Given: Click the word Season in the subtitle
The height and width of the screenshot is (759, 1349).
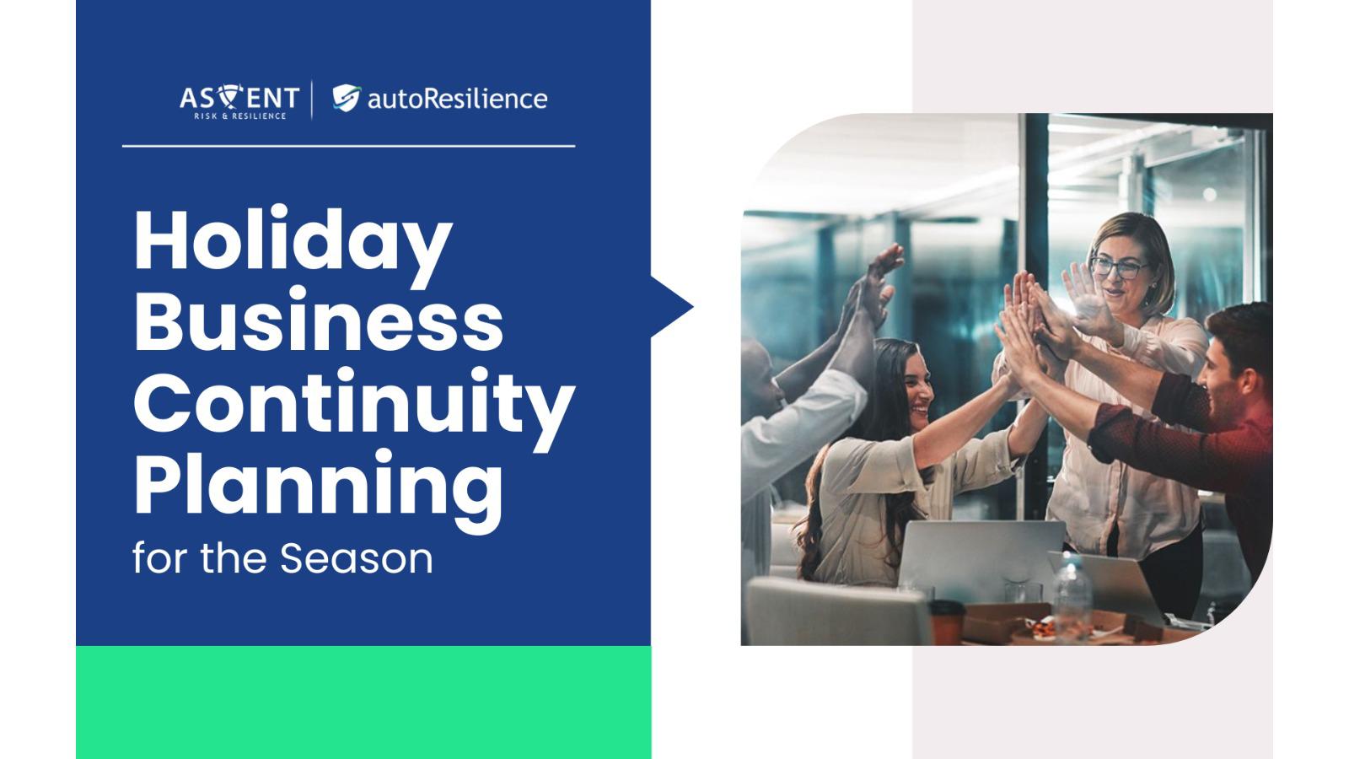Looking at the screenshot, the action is coord(357,558).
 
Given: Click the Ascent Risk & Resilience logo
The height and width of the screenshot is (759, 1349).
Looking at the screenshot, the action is coord(239,101).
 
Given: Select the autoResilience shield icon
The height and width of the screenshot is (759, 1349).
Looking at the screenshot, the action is coord(347,98).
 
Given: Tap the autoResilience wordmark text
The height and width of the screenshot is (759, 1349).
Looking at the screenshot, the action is coord(457,99).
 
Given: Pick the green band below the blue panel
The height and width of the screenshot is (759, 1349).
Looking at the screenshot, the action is coord(363,702).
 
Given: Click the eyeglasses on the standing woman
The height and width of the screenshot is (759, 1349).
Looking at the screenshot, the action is coord(1118,267).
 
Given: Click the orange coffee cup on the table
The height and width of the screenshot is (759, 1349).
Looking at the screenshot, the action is coord(947,623).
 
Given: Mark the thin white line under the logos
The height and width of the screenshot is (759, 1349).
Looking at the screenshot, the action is coord(349,146).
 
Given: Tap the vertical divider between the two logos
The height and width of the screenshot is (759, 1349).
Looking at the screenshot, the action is coord(312,100).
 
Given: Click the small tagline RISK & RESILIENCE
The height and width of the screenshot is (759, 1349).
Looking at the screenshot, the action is coord(239,116).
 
